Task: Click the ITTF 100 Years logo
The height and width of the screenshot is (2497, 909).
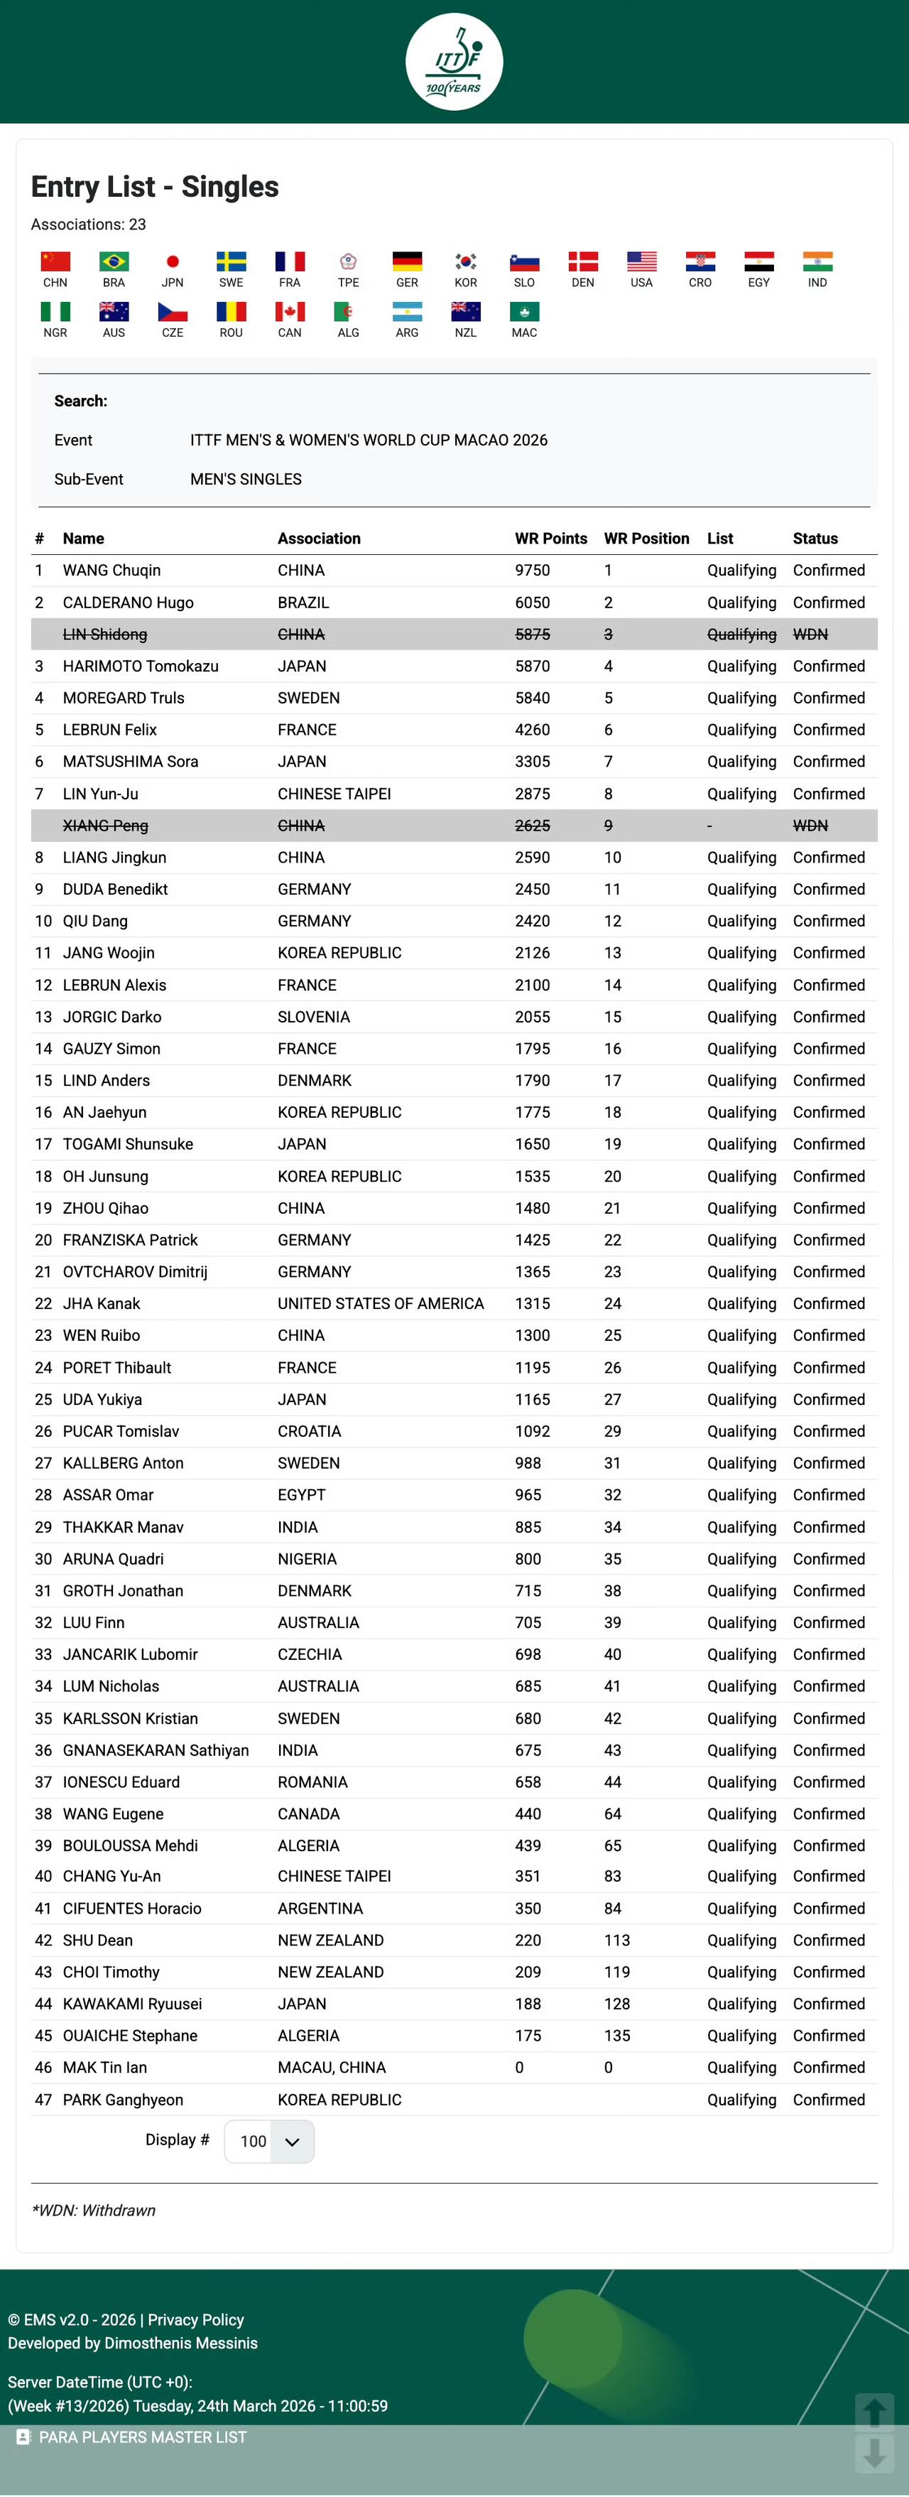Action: [x=454, y=61]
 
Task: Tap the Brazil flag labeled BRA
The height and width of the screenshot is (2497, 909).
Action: [x=114, y=261]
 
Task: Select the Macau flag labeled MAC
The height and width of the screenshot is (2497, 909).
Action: [x=524, y=312]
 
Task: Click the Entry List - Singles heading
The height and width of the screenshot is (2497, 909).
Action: [x=155, y=186]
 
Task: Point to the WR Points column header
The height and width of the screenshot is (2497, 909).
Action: [x=550, y=538]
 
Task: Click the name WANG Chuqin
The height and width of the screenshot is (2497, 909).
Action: [x=111, y=570]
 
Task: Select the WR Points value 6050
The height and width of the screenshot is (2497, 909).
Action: [x=532, y=602]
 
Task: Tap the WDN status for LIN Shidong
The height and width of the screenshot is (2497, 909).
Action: [x=810, y=634]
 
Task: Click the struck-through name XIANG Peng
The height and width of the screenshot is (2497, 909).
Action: [x=106, y=826]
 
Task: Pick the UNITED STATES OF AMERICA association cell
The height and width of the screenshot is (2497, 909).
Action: [x=381, y=1304]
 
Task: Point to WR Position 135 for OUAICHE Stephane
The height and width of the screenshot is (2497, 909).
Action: [x=617, y=2036]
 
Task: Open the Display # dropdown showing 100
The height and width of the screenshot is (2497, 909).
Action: [x=269, y=2141]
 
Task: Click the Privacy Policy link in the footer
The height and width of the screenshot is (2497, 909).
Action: [x=196, y=2319]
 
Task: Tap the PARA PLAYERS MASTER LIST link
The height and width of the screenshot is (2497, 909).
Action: [x=143, y=2437]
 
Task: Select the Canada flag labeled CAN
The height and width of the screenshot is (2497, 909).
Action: [x=290, y=312]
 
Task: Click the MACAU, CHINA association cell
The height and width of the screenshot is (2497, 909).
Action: [x=332, y=2068]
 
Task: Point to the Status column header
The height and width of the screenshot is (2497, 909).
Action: [x=815, y=538]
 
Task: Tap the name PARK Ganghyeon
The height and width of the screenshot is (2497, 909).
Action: [x=123, y=2100]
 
